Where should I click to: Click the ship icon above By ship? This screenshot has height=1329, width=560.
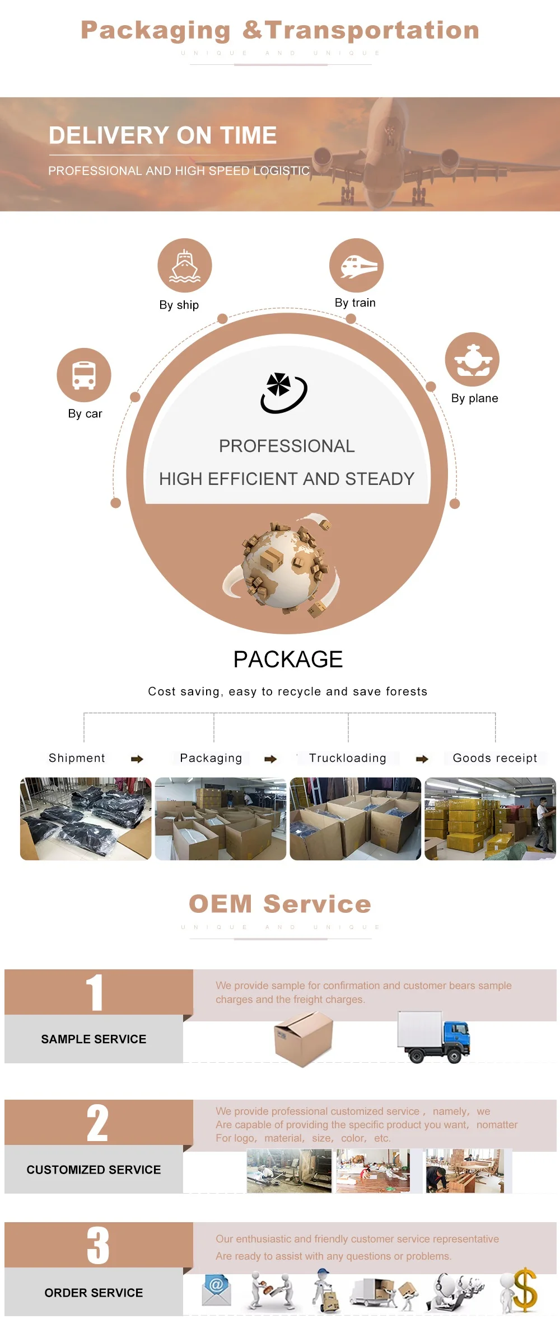click(x=185, y=266)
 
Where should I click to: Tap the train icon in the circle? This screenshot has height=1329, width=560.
click(x=356, y=266)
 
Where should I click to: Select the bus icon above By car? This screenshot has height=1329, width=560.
click(x=84, y=375)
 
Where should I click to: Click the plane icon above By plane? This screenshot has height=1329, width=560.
click(x=472, y=359)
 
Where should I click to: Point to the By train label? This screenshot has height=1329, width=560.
click(x=355, y=303)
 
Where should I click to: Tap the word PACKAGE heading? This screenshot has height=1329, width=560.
click(x=288, y=659)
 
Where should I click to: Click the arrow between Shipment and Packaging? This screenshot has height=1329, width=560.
click(x=137, y=759)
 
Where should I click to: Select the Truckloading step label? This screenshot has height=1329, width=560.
click(x=348, y=758)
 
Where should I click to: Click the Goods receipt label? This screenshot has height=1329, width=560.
click(x=494, y=758)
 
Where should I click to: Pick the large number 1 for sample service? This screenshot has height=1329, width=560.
click(x=95, y=993)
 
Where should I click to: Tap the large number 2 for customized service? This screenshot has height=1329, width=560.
click(x=97, y=1123)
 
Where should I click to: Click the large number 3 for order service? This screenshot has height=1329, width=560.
click(x=98, y=1246)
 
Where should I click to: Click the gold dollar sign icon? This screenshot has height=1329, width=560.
click(x=524, y=1289)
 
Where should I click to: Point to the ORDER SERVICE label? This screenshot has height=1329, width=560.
click(x=94, y=1293)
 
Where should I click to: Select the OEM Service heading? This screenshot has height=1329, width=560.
click(x=280, y=904)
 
